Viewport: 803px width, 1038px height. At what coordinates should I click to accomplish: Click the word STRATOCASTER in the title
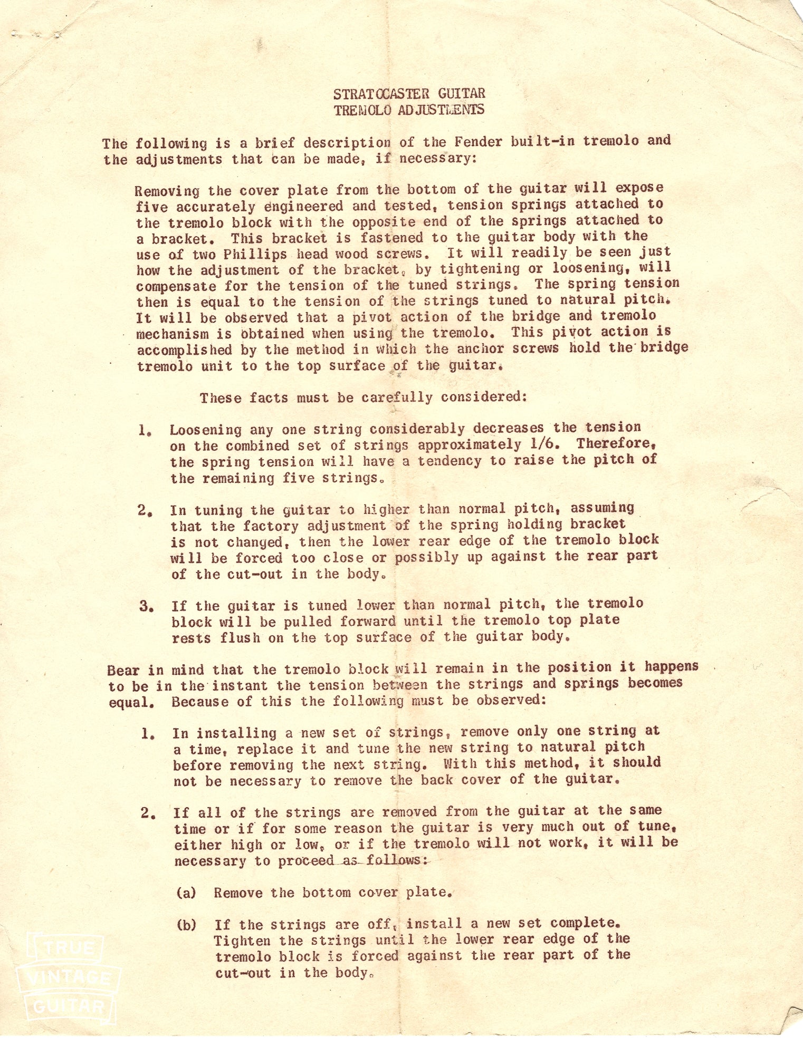(x=377, y=94)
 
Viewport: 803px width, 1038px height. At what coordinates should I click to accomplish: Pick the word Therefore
(x=616, y=444)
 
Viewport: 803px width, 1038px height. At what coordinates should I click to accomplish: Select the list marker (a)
(x=186, y=893)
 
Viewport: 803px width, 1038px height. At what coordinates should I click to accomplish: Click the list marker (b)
(x=187, y=925)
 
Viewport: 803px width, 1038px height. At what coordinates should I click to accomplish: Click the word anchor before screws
(x=481, y=348)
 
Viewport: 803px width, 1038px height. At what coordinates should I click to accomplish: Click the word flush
(x=241, y=638)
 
